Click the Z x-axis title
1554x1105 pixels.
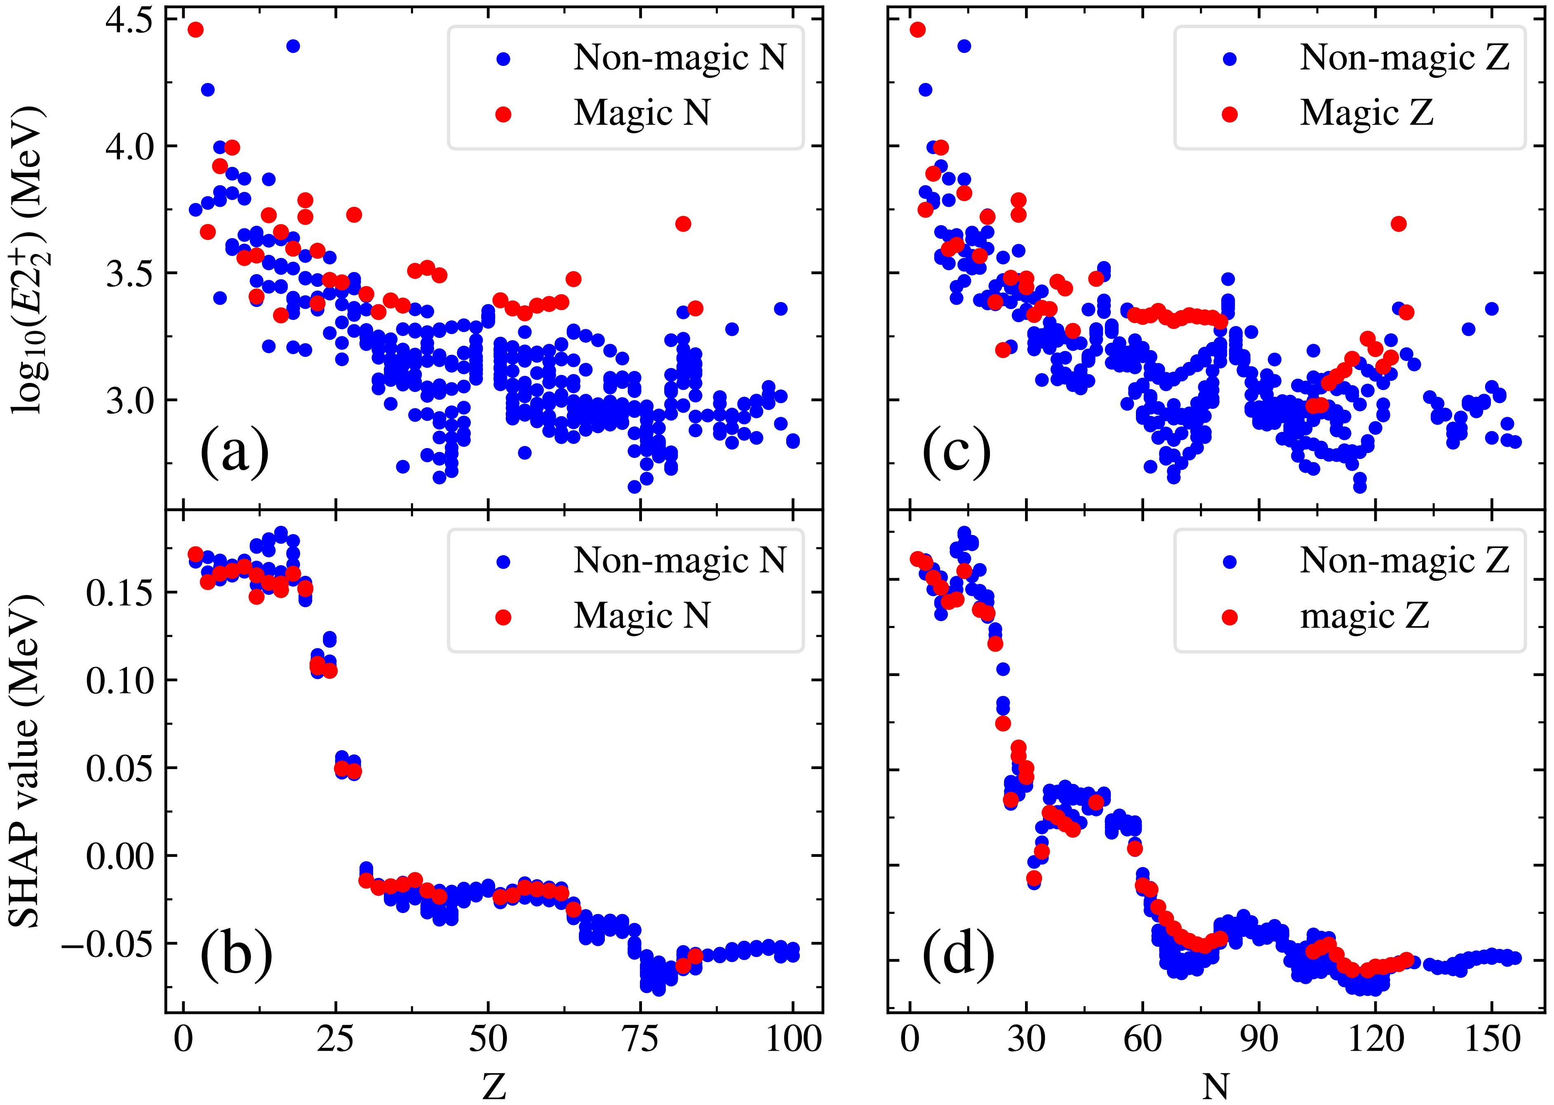(494, 1086)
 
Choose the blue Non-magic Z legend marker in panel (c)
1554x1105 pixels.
(1230, 59)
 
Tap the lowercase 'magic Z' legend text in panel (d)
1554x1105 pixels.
(1364, 617)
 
